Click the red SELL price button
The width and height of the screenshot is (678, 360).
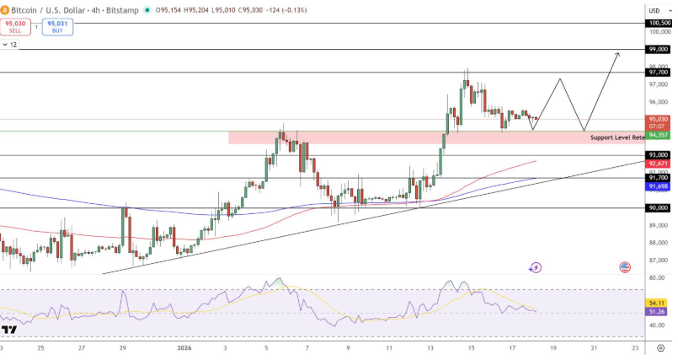point(15,26)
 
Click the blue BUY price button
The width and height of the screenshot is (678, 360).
point(57,26)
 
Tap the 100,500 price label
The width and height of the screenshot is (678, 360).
point(658,23)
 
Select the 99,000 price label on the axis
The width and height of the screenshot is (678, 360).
point(658,50)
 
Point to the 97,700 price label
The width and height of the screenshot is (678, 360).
point(658,73)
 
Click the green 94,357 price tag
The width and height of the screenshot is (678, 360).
point(658,135)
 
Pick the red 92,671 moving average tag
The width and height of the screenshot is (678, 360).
point(658,164)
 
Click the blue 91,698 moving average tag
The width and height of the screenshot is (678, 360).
point(658,185)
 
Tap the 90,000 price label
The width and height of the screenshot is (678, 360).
point(658,207)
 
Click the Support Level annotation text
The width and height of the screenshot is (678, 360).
point(617,137)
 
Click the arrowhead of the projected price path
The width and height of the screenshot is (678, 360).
point(617,54)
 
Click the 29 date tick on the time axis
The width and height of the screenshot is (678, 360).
point(122,347)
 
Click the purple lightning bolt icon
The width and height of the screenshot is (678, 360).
point(536,268)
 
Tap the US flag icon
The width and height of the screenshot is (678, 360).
point(625,267)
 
